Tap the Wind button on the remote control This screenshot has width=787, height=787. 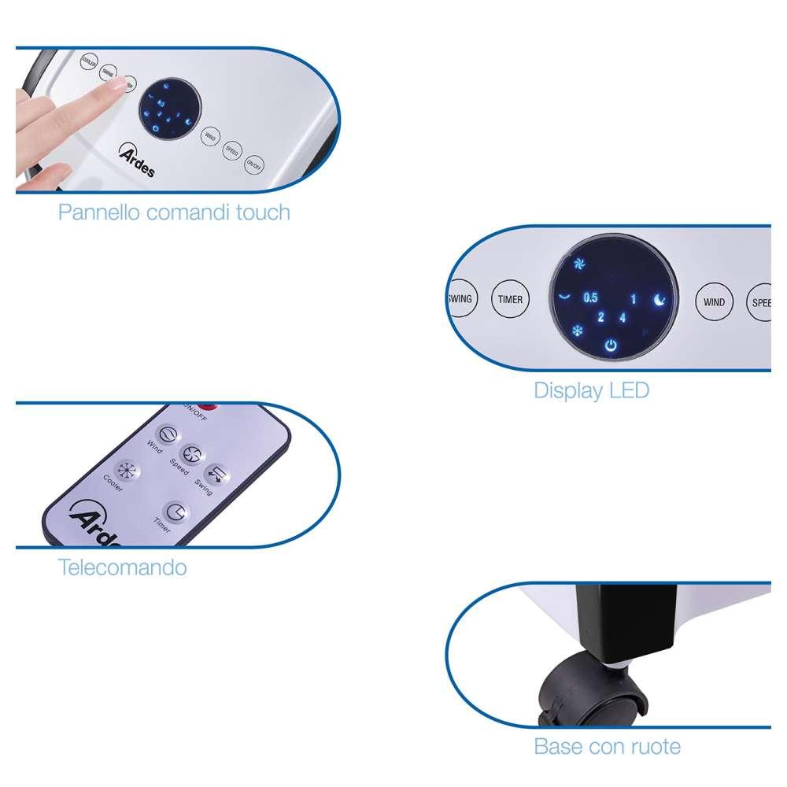pos(167,434)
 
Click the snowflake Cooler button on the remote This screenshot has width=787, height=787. pos(124,471)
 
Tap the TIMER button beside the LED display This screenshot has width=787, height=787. pos(510,300)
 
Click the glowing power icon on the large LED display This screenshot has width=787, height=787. pos(611,345)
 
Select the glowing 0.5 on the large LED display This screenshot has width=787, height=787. pos(590,298)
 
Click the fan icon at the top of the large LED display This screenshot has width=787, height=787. pos(579,264)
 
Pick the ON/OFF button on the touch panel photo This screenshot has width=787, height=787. pos(253,164)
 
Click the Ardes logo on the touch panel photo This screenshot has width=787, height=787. pos(137,160)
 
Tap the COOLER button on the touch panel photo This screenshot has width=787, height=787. pos(89,61)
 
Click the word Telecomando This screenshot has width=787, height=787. pos(122,567)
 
